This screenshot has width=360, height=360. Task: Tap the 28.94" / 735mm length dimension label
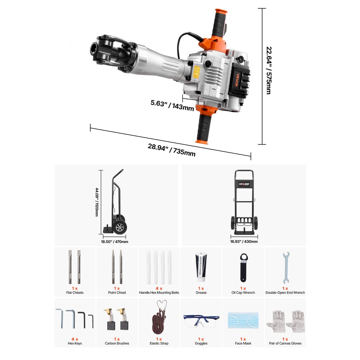point(171,150)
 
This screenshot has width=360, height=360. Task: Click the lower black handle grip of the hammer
point(203,126)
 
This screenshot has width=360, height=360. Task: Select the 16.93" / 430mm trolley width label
point(244,242)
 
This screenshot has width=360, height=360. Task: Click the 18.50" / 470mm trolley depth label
point(114,242)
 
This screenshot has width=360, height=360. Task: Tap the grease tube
point(201,268)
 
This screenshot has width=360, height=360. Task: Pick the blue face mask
point(243,320)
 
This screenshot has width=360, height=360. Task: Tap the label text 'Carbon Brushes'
point(117,343)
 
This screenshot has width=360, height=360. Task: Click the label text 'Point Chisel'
point(117,293)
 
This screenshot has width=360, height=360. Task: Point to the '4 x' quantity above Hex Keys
point(75,339)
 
